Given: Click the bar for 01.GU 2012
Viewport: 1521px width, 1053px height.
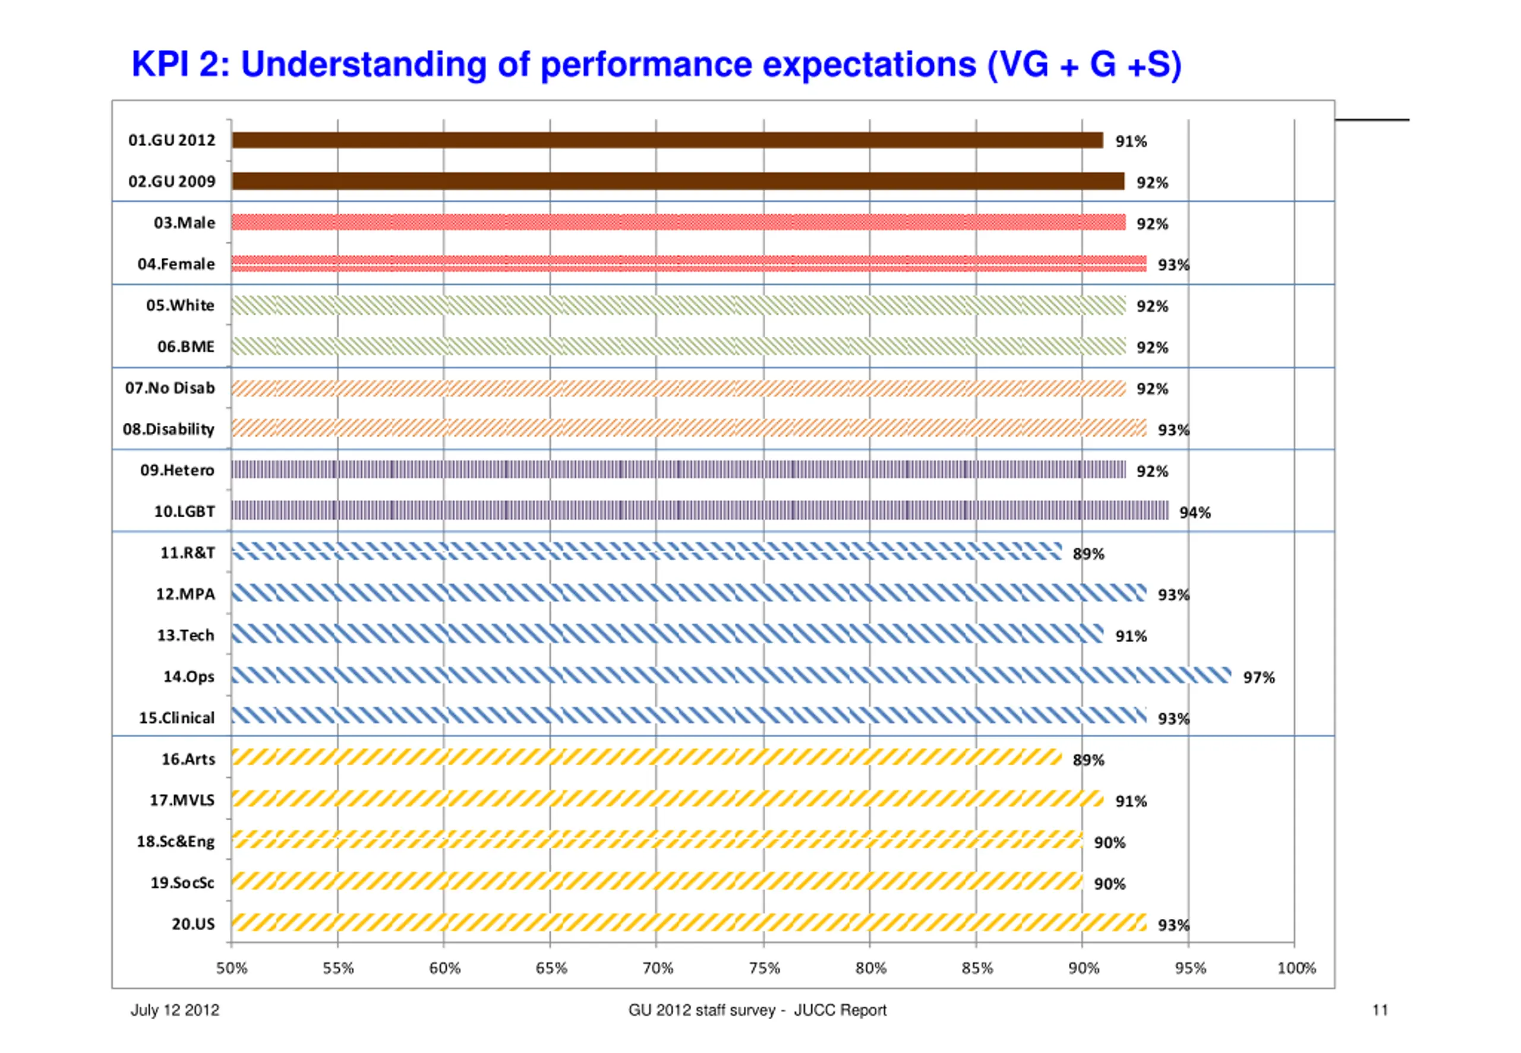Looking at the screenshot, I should pyautogui.click(x=667, y=140).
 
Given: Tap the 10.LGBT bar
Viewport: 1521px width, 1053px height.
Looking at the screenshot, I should pyautogui.click(x=699, y=511).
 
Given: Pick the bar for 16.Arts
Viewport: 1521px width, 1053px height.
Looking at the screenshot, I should pyautogui.click(x=646, y=757).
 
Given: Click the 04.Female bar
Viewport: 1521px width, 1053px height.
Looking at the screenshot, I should pyautogui.click(x=689, y=263).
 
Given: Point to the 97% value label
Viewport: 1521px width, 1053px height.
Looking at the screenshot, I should pyautogui.click(x=1258, y=678).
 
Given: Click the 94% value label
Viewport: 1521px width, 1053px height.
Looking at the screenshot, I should pyautogui.click(x=1194, y=513).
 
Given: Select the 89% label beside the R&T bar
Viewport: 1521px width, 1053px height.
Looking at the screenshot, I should pyautogui.click(x=1088, y=554).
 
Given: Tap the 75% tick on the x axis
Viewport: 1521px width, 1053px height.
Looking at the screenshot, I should pyautogui.click(x=764, y=969).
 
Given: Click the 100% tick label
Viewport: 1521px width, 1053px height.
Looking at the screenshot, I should pyautogui.click(x=1296, y=969).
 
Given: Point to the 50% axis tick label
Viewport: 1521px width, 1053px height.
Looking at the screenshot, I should pyautogui.click(x=232, y=969).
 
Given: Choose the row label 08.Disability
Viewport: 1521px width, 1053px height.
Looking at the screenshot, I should pyautogui.click(x=168, y=429).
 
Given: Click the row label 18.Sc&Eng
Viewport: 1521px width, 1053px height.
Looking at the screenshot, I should pyautogui.click(x=175, y=842).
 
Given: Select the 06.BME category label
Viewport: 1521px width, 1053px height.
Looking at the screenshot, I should pyautogui.click(x=185, y=347).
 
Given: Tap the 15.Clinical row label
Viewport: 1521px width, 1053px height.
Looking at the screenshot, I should pyautogui.click(x=176, y=718).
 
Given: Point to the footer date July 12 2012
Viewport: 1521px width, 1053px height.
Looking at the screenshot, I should pyautogui.click(x=175, y=1010).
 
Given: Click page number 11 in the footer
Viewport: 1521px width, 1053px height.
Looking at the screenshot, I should pyautogui.click(x=1380, y=1010).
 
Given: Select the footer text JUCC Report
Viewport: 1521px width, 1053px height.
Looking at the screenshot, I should pyautogui.click(x=840, y=1010).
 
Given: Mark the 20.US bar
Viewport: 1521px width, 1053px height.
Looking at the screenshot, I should pyautogui.click(x=689, y=922).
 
